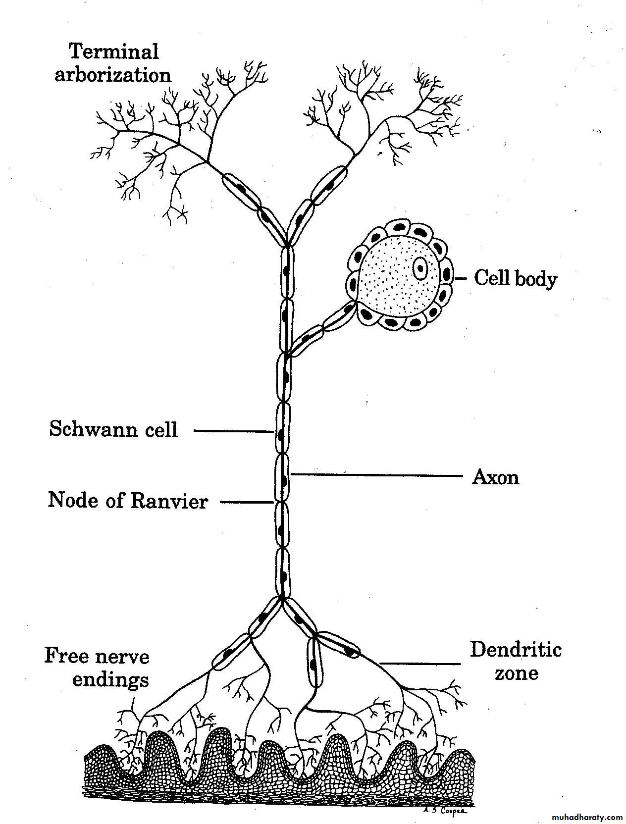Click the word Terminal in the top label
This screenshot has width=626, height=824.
(x=113, y=51)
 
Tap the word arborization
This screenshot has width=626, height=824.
(x=113, y=75)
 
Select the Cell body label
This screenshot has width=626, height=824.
(x=515, y=278)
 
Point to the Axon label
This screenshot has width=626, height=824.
(x=496, y=477)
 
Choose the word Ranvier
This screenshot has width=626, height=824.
(x=169, y=501)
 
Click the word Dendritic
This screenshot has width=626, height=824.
(x=516, y=649)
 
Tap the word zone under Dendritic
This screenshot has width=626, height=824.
(x=516, y=673)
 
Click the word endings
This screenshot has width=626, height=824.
(x=110, y=679)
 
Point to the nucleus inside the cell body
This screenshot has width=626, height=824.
(x=420, y=268)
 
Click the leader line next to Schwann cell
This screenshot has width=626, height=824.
(x=233, y=431)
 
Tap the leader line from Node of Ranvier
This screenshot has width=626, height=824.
(x=246, y=503)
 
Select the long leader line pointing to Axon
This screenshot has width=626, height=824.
(x=376, y=476)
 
